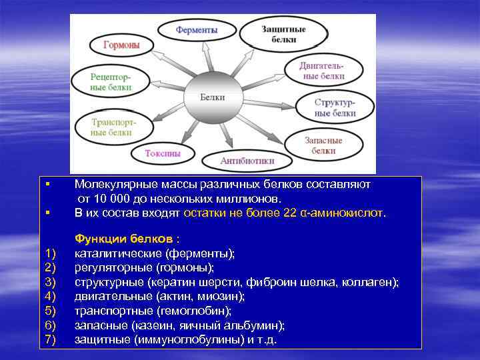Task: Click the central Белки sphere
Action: [213, 97]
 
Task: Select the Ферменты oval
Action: [196, 31]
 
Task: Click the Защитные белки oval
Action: [274, 35]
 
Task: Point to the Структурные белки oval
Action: [335, 107]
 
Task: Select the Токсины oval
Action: [163, 153]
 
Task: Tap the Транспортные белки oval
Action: [112, 127]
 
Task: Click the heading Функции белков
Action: [127, 239]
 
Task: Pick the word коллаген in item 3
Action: [374, 282]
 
